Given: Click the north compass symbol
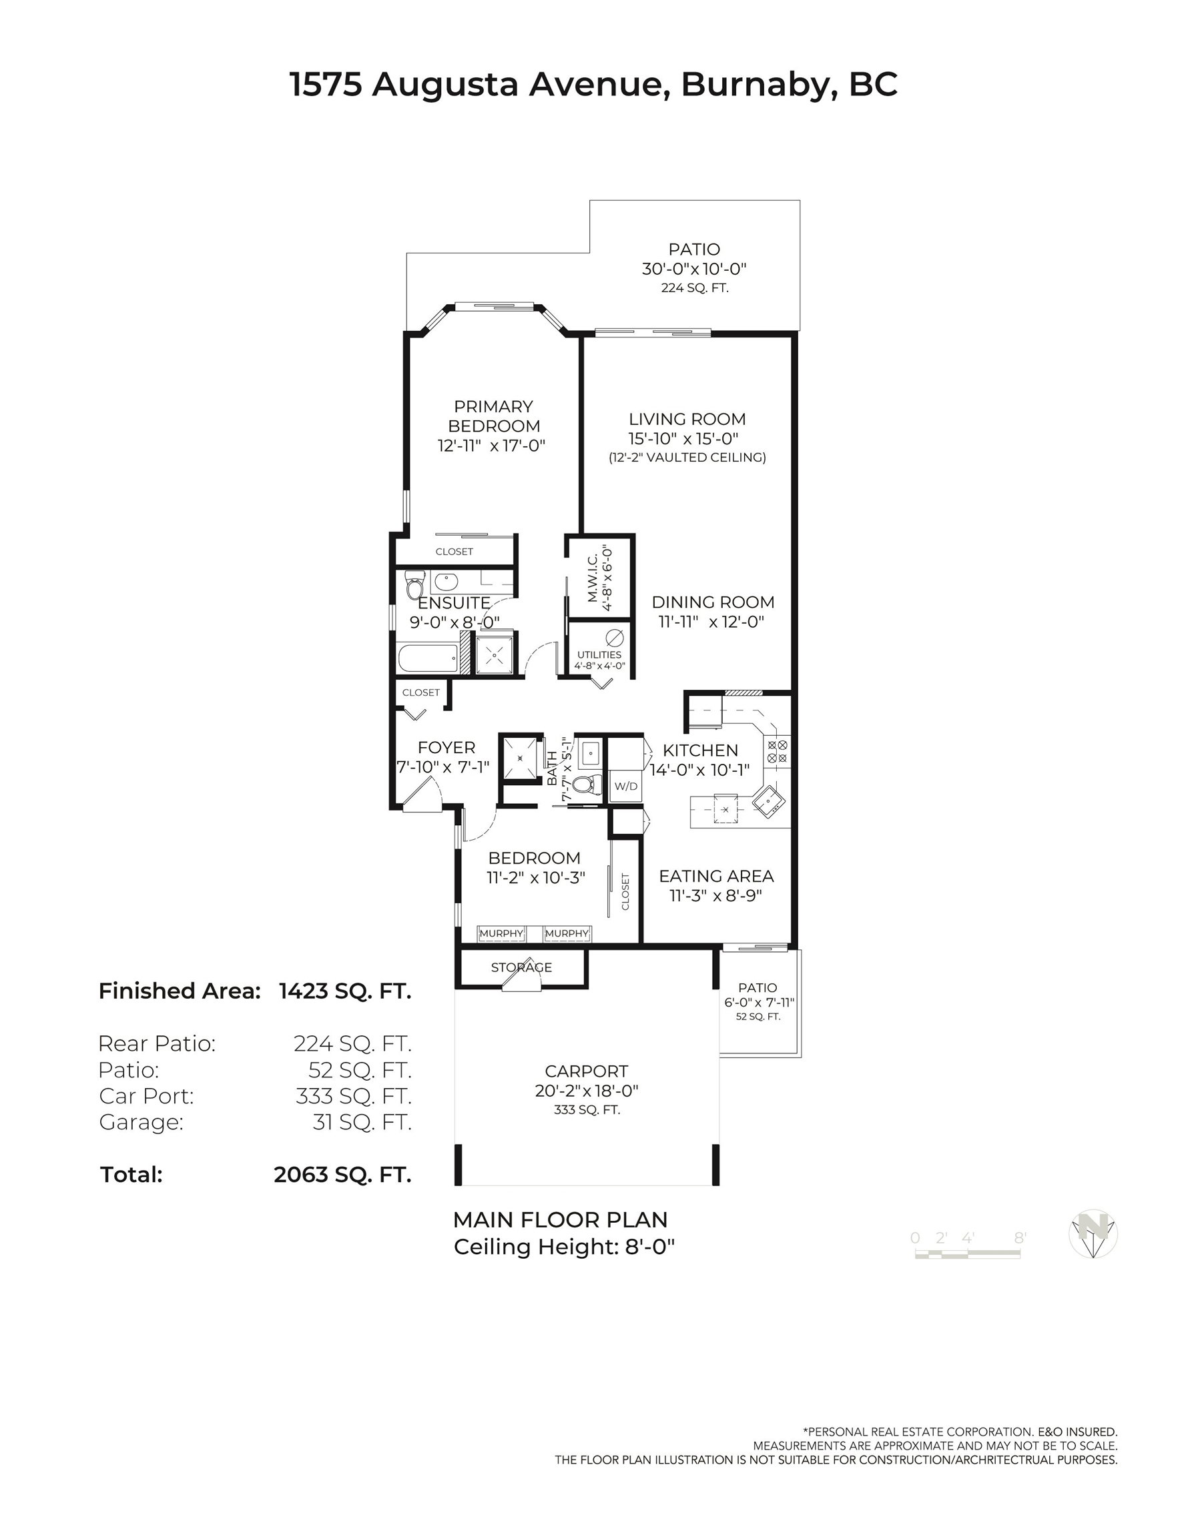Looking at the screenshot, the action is pyautogui.click(x=1093, y=1233).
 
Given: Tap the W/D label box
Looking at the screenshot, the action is pyautogui.click(x=625, y=785).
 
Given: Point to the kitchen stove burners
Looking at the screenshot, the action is pyautogui.click(x=778, y=751).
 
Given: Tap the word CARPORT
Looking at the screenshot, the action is pyautogui.click(x=586, y=1071).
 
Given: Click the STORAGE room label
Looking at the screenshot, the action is pyautogui.click(x=521, y=967).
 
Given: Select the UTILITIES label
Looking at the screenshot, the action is pyautogui.click(x=599, y=654).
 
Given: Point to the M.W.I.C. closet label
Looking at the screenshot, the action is pyautogui.click(x=592, y=577).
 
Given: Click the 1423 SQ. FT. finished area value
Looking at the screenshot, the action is pyautogui.click(x=345, y=991).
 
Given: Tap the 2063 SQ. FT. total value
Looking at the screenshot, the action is pyautogui.click(x=342, y=1175).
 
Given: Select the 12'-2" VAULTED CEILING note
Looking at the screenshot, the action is pyautogui.click(x=687, y=458).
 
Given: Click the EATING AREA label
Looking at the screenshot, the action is pyautogui.click(x=716, y=876).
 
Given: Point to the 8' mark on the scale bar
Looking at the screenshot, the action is pyautogui.click(x=1020, y=1238).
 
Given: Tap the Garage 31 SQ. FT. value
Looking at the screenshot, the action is pyautogui.click(x=362, y=1122).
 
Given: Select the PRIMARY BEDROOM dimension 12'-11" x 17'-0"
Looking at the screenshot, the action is pyautogui.click(x=491, y=446).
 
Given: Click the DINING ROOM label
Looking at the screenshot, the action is pyautogui.click(x=713, y=602).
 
